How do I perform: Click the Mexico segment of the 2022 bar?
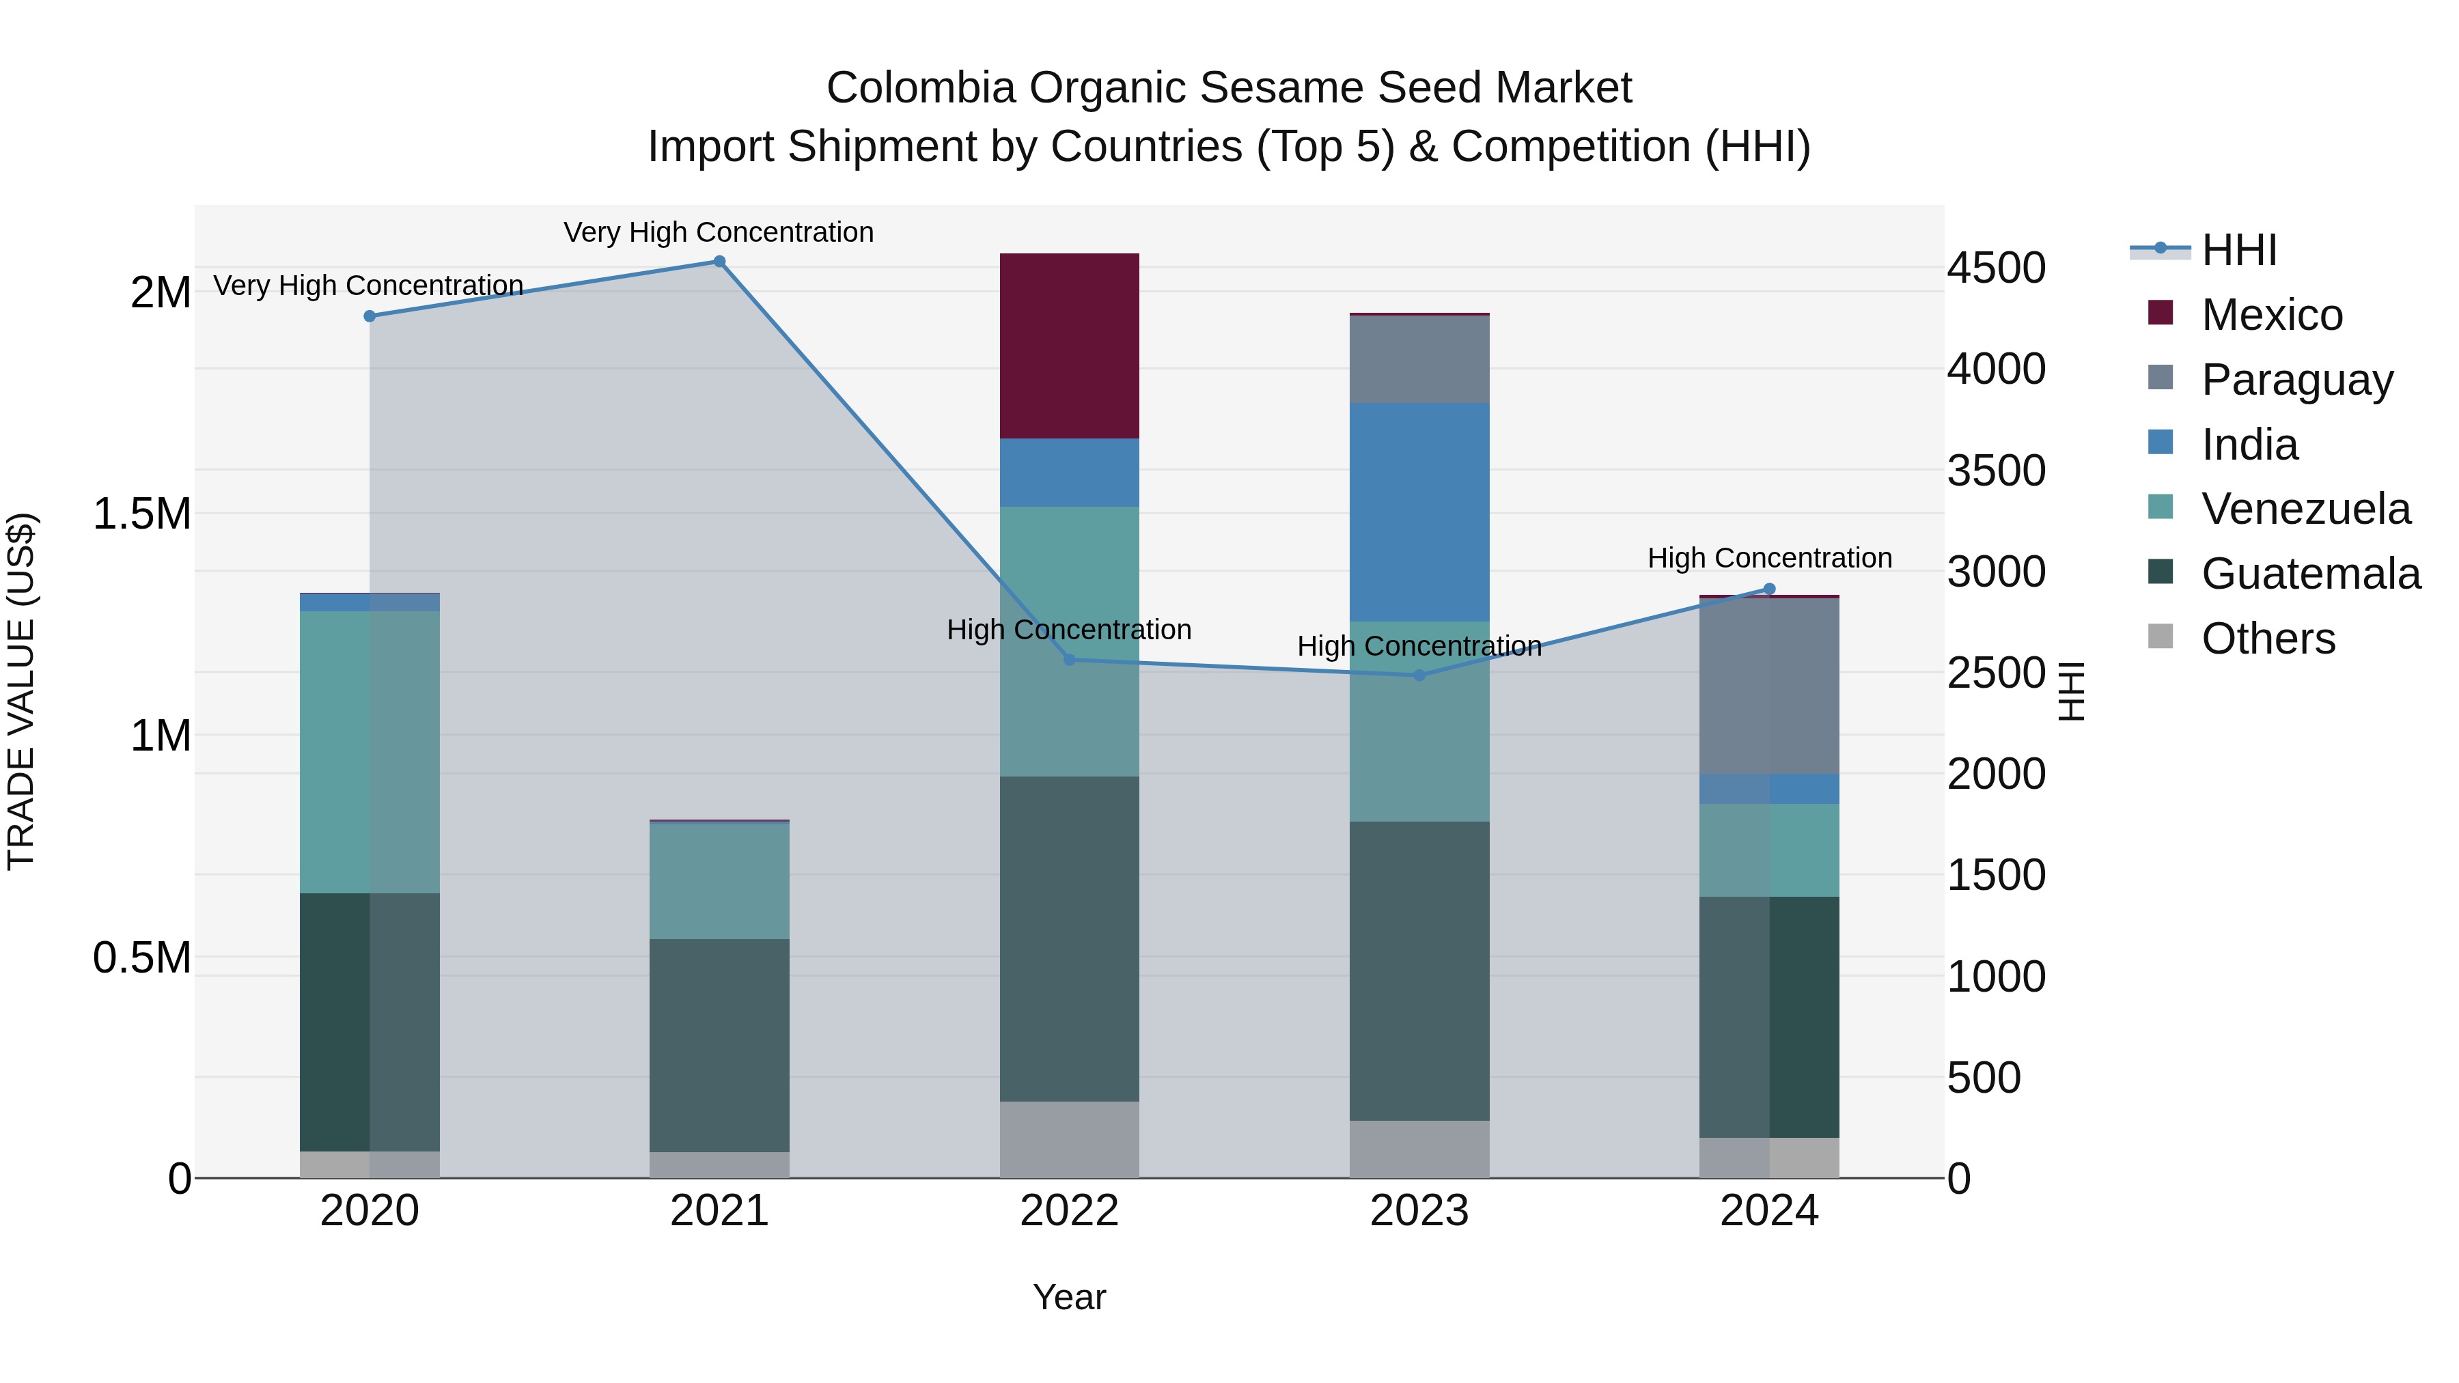pos(1069,346)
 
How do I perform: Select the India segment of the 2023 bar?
pos(1419,512)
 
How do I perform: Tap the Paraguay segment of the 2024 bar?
pos(1769,685)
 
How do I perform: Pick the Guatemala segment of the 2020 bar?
pos(370,1021)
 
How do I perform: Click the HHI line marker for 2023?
pos(1419,675)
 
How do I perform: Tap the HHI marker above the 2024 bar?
pos(1769,589)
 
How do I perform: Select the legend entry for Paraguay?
pos(2296,379)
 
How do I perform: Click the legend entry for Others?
pos(2267,639)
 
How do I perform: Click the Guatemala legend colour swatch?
pos(2161,572)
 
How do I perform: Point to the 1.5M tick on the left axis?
pos(141,514)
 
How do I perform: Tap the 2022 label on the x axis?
pos(1069,1211)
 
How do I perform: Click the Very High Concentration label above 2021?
pos(718,232)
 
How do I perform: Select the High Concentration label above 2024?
pos(1769,557)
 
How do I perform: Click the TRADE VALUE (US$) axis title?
pos(21,691)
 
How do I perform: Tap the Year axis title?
pos(1069,1297)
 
